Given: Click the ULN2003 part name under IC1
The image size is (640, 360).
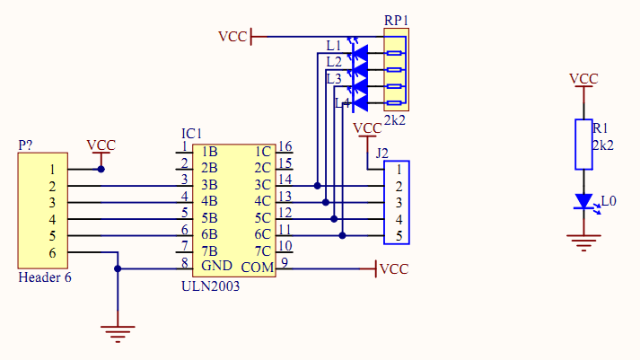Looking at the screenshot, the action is pyautogui.click(x=211, y=286).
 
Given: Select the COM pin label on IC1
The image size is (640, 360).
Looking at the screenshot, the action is pyautogui.click(x=257, y=268).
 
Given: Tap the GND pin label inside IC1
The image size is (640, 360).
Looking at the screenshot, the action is pyautogui.click(x=216, y=266).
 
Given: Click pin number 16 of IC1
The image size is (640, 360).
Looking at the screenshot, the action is pyautogui.click(x=285, y=146).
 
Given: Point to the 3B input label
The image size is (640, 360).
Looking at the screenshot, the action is pyautogui.click(x=209, y=185).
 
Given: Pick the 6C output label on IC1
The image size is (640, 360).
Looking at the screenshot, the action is pyautogui.click(x=262, y=234).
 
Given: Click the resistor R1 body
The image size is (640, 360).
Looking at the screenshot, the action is pyautogui.click(x=583, y=145).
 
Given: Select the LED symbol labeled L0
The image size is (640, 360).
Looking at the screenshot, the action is pyautogui.click(x=584, y=202).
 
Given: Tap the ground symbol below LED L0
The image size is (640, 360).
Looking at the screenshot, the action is pyautogui.click(x=583, y=243).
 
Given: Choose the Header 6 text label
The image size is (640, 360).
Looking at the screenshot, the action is pyautogui.click(x=45, y=277).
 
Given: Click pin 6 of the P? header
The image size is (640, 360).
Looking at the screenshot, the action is pyautogui.click(x=52, y=253).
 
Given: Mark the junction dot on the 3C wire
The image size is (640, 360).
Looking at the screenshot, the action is pyautogui.click(x=317, y=186).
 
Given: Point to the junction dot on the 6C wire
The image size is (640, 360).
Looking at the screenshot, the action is pyautogui.click(x=343, y=235).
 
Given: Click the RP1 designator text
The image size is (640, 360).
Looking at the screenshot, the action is pyautogui.click(x=397, y=21).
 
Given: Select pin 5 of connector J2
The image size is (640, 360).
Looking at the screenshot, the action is pyautogui.click(x=399, y=236).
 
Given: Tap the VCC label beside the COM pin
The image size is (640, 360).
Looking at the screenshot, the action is pyautogui.click(x=394, y=269).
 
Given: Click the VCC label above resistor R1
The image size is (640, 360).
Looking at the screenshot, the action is pyautogui.click(x=583, y=79).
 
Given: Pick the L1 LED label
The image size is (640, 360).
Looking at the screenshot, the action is pyautogui.click(x=334, y=46).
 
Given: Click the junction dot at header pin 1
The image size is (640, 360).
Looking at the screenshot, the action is pyautogui.click(x=101, y=169).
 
